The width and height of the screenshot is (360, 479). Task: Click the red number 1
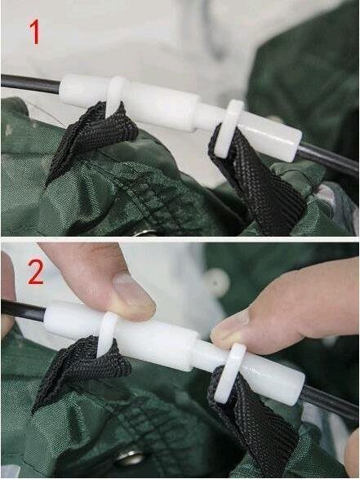pyautogui.click(x=35, y=32)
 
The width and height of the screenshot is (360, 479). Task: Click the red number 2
pyautogui.click(x=36, y=272)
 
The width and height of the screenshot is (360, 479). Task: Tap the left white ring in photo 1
pyautogui.click(x=116, y=95)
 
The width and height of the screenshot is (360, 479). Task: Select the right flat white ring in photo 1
pyautogui.click(x=229, y=128)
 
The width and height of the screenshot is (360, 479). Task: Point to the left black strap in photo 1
pyautogui.click(x=91, y=135)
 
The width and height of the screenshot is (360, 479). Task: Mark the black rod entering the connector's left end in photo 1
pyautogui.click(x=30, y=83)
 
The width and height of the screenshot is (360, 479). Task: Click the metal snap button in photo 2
pyautogui.click(x=131, y=457)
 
